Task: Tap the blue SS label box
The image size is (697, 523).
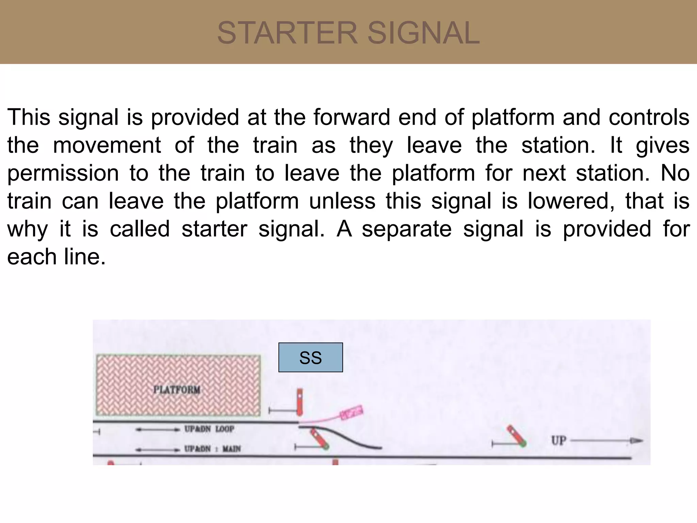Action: tap(310, 358)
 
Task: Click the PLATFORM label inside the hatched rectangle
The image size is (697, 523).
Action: tap(177, 390)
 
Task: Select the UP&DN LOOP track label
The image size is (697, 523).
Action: tap(209, 429)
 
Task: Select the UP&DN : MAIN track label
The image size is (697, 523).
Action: tap(212, 449)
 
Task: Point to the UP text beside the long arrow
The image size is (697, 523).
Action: tap(558, 441)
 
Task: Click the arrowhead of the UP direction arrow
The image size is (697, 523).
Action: tap(636, 441)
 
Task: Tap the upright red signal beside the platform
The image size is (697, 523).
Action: tap(299, 402)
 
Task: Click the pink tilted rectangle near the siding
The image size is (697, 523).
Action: tap(352, 412)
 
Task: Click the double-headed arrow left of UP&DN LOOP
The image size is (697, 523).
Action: tap(157, 430)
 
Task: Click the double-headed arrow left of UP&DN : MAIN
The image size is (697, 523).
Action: tap(157, 449)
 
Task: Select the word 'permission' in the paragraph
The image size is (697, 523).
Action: tap(63, 173)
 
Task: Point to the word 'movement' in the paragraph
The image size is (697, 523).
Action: tap(107, 145)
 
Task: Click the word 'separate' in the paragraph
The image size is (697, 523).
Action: tap(406, 229)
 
